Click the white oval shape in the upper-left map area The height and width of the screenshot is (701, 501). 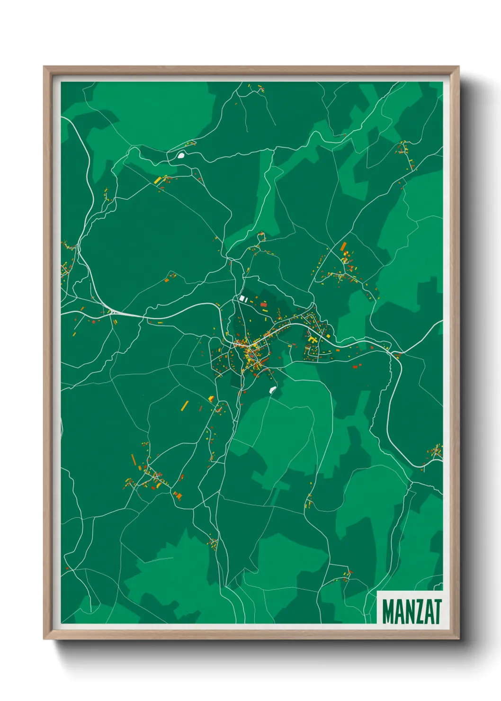click(181, 154)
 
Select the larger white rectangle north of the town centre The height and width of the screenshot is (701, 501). click(245, 298)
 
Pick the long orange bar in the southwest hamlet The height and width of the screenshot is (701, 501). click(134, 459)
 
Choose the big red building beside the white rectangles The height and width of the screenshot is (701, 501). click(264, 305)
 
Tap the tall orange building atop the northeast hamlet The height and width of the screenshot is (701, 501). click(343, 246)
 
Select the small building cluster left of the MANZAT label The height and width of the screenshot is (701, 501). click(346, 575)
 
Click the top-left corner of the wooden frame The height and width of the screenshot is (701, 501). click(44, 67)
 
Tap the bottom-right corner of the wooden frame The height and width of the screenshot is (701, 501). click(459, 638)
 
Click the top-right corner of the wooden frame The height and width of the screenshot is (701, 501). click(458, 67)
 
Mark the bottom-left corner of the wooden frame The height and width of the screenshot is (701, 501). click(44, 638)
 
